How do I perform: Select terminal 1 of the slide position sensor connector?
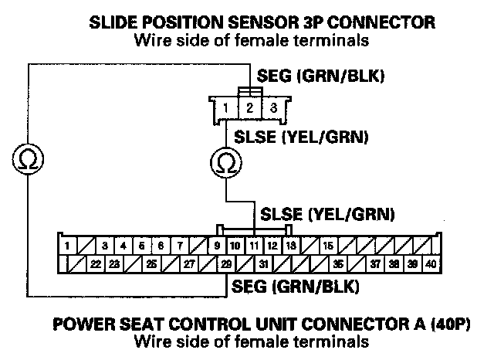coord(224,108)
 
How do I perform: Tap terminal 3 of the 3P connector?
coord(272,107)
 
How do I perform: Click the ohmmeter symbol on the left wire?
coord(29,159)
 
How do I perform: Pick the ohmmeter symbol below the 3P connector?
coord(225,163)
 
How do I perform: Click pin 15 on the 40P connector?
coord(327,246)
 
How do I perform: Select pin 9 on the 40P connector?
coord(218,246)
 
